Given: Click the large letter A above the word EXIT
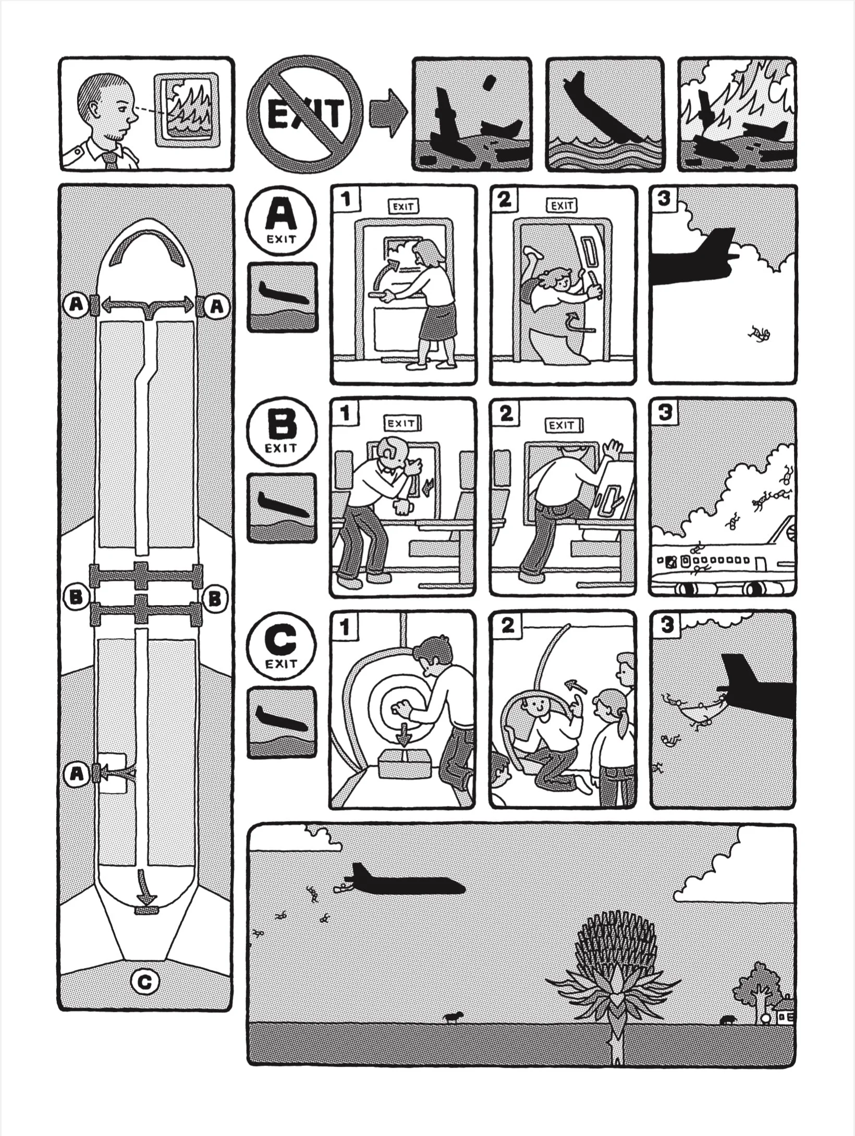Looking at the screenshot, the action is [282, 216].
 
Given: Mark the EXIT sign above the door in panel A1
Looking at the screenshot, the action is [404, 207].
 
